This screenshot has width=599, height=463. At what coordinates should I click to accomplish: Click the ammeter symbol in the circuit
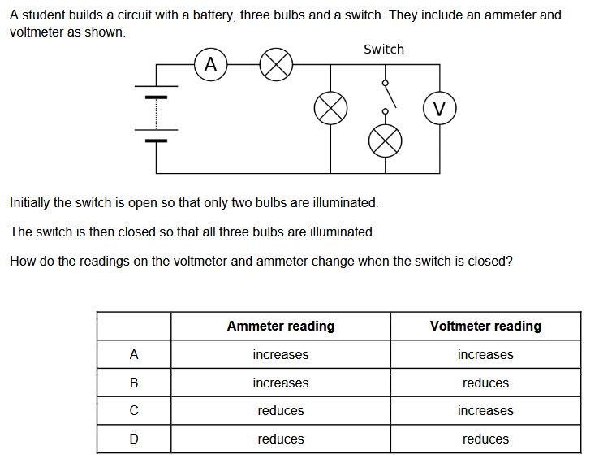(x=210, y=64)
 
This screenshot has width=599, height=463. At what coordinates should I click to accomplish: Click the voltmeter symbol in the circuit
(x=440, y=108)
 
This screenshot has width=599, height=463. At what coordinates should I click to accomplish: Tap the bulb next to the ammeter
(x=276, y=64)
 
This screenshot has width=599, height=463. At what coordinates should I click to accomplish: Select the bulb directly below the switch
(x=385, y=141)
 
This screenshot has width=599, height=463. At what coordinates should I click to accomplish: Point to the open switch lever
(x=390, y=97)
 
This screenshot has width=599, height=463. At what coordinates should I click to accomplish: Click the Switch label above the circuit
(x=384, y=50)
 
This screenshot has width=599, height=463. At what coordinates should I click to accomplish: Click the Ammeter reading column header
(x=281, y=326)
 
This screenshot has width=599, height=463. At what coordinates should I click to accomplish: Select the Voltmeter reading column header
(x=485, y=326)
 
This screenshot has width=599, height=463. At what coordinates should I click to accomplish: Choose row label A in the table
(x=134, y=354)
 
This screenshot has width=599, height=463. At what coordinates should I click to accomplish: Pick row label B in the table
(x=134, y=383)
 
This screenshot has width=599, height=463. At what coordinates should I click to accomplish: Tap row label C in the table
(x=134, y=411)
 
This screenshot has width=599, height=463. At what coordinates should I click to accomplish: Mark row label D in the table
(x=134, y=439)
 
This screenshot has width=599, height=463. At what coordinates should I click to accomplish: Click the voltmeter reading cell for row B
(x=485, y=383)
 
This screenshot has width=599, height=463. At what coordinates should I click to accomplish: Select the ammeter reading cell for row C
(x=281, y=411)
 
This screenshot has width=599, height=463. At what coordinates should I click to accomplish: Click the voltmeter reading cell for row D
(x=485, y=439)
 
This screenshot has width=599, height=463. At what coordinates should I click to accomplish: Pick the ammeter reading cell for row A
(x=281, y=354)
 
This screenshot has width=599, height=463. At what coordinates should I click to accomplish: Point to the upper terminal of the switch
(x=385, y=83)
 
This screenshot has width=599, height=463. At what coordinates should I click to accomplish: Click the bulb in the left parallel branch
(x=330, y=108)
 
